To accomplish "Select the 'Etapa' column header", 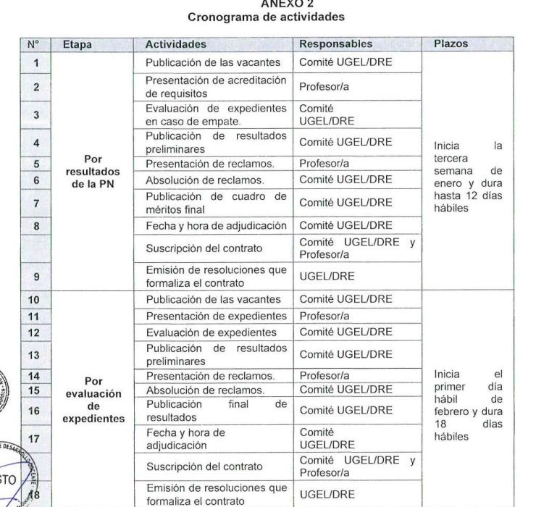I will click(78, 44).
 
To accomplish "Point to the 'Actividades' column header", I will click(175, 44).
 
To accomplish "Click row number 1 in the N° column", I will click(36, 62).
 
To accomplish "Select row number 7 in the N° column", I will click(36, 203).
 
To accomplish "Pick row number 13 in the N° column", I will click(36, 354).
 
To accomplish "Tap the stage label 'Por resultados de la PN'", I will click(93, 172).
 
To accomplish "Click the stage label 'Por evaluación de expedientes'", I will click(93, 399).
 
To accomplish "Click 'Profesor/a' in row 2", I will click(324, 88).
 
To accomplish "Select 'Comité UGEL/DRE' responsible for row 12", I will click(346, 332).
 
